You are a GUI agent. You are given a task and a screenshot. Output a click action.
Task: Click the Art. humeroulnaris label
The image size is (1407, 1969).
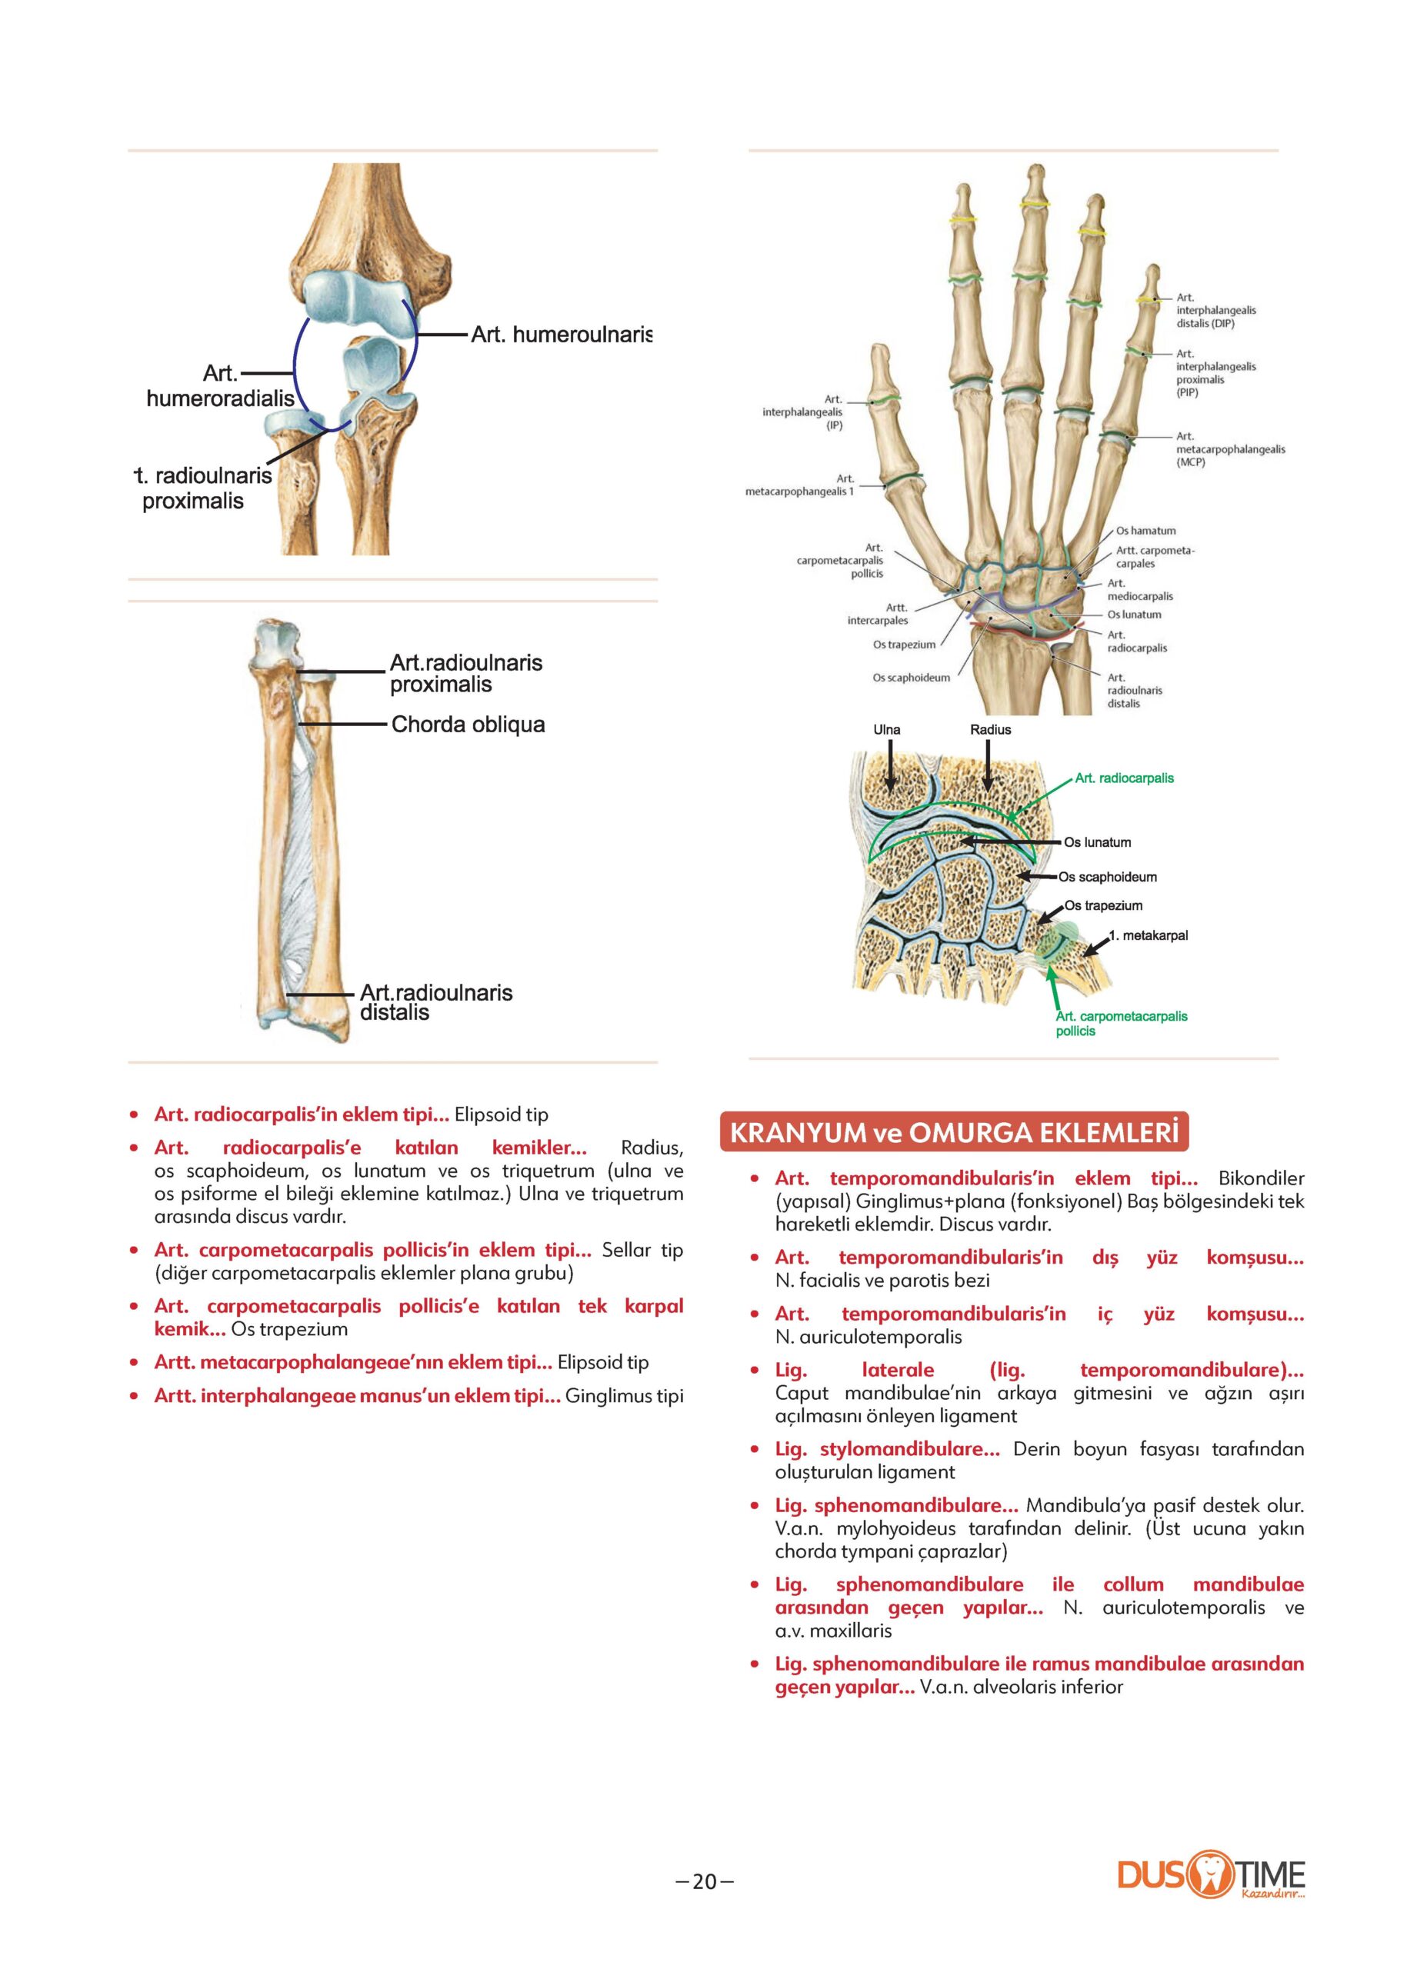coord(561,335)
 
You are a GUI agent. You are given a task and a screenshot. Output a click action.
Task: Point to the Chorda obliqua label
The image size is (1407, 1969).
coord(468,725)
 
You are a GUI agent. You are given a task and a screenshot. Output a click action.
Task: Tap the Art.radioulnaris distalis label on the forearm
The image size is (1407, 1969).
coord(435,1002)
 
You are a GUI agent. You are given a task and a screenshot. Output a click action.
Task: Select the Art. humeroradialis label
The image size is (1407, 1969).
coord(220,386)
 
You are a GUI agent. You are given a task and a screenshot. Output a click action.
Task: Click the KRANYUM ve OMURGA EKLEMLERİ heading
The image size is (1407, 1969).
coord(954,1133)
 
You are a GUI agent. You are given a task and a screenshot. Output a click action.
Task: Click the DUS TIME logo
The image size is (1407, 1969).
coord(1210,1876)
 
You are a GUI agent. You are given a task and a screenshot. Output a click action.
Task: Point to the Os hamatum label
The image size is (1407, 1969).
coord(1145,531)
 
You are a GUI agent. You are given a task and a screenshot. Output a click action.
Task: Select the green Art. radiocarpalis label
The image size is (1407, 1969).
coord(1124,778)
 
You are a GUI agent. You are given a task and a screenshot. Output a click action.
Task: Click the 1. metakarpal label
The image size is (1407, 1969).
coord(1148,935)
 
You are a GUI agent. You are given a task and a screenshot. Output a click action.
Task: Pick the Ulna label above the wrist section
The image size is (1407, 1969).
coord(886,729)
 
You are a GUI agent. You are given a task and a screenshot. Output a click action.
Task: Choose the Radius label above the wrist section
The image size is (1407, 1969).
coord(990,729)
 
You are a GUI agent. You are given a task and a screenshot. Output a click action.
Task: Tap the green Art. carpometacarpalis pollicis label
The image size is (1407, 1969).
coord(1120,1023)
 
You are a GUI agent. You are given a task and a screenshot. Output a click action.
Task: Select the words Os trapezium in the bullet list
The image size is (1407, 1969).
coord(289,1329)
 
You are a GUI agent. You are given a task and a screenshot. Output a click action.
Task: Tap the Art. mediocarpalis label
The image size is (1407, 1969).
coord(1139,590)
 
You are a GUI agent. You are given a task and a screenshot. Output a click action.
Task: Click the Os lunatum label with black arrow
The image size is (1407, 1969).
coord(1097,842)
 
